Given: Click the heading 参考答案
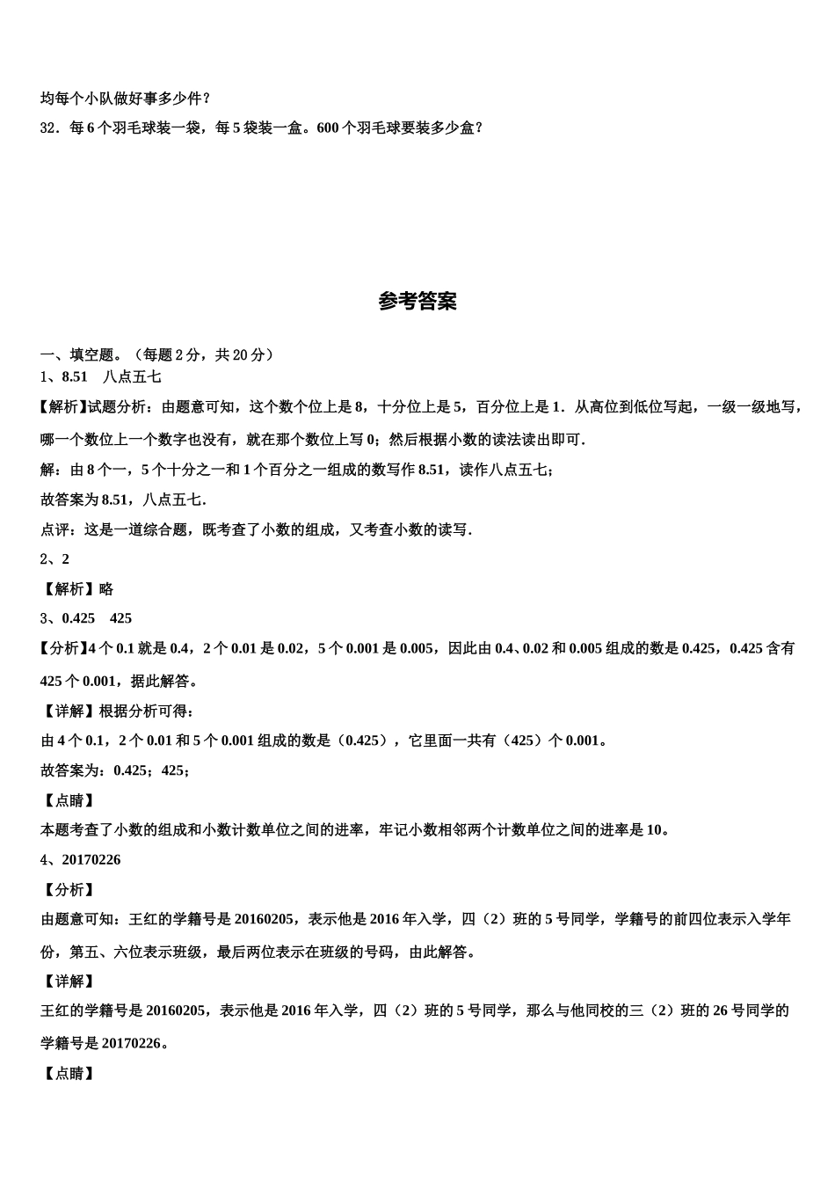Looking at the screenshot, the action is (x=417, y=302).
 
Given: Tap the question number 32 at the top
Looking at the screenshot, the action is (x=48, y=128).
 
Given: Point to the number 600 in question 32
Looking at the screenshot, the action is (x=326, y=128).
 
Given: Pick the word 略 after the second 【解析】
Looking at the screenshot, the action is (x=106, y=589).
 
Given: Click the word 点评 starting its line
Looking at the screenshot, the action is (x=55, y=529).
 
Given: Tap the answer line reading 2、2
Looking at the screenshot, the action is (x=54, y=559).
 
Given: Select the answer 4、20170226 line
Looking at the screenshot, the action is (x=81, y=860).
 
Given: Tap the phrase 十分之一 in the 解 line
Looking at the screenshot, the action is (x=183, y=470).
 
